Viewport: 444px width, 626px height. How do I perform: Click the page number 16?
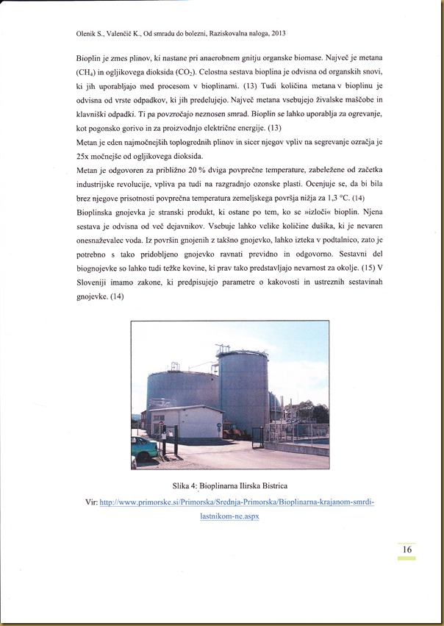tap(406, 549)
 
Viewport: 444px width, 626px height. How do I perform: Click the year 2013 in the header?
tap(276, 33)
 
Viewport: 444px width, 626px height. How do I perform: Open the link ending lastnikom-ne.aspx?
tap(229, 516)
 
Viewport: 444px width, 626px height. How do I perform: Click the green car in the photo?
tap(143, 447)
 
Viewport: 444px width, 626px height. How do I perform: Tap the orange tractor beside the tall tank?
tap(279, 413)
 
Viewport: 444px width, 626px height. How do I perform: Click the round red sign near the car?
tap(165, 430)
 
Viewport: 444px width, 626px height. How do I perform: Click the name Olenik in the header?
tap(87, 33)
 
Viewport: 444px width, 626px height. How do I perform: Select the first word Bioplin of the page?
tap(90, 57)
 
